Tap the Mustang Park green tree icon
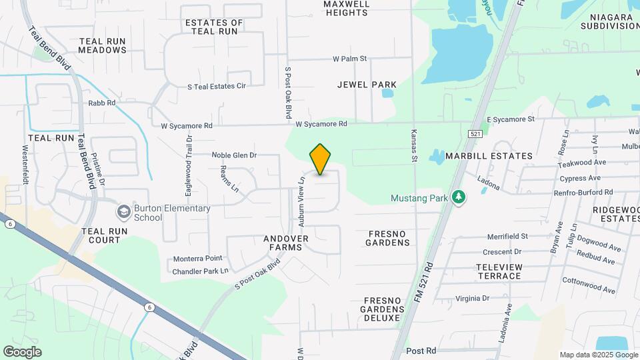pyautogui.click(x=458, y=197)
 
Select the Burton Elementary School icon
pyautogui.click(x=123, y=212)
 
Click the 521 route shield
pyautogui.click(x=475, y=134)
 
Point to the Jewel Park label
pyautogui.click(x=367, y=85)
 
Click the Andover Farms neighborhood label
pyautogui.click(x=286, y=243)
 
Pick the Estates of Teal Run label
pyautogui.click(x=214, y=27)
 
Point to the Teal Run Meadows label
pyautogui.click(x=103, y=45)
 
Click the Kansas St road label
pyautogui.click(x=414, y=145)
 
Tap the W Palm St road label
pyautogui.click(x=350, y=59)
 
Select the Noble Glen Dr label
pyautogui.click(x=234, y=155)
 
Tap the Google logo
pyautogui.click(x=22, y=352)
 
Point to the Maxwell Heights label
pyautogui.click(x=346, y=8)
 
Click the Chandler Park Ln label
pyautogui.click(x=200, y=271)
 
